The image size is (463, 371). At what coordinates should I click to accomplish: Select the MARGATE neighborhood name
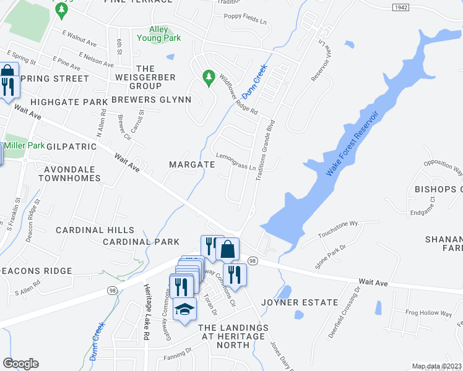192,165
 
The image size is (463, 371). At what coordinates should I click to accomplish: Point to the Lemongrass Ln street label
235,161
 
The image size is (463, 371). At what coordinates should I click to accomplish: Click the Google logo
20,364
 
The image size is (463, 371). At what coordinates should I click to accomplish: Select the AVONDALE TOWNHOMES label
69,174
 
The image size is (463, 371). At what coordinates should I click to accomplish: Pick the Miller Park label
24,145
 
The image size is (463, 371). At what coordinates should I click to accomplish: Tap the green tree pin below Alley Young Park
209,77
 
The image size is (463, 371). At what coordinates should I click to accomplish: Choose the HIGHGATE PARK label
69,101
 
